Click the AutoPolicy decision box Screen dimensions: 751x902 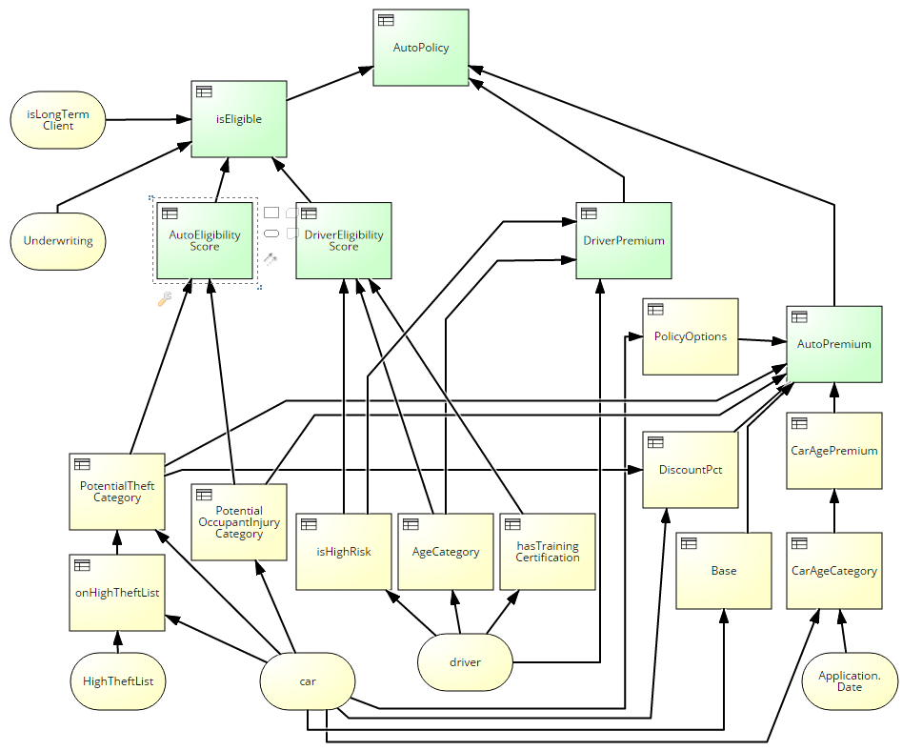420,48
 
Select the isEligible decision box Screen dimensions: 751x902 238,119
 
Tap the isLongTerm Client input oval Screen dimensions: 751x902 58,120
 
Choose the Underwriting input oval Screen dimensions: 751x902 58,240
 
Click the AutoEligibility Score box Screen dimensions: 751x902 205,240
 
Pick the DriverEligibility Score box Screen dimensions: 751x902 343,240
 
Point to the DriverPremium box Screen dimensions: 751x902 623,240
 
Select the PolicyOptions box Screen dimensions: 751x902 690,336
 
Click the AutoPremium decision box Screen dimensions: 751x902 833,344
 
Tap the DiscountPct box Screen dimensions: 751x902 690,470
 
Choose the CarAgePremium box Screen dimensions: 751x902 833,451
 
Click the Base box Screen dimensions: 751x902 723,571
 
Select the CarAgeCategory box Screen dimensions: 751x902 833,571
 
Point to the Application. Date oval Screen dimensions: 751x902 849,681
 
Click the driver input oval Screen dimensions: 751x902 465,662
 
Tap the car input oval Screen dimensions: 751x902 308,681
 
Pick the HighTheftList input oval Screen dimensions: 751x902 117,681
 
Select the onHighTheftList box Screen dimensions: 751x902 116,592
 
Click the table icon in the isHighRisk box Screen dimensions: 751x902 309,524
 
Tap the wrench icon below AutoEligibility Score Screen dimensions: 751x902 164,299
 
